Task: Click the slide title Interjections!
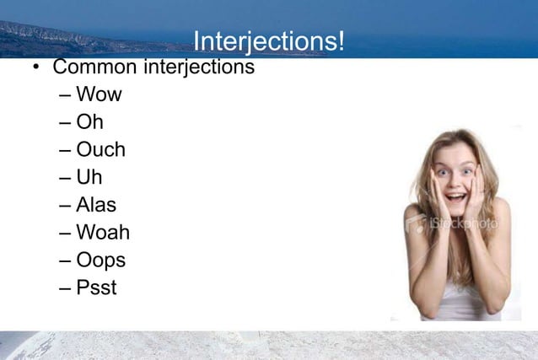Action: (x=268, y=41)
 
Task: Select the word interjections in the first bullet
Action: (x=199, y=66)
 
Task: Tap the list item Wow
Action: (x=99, y=94)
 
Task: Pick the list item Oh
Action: (x=89, y=121)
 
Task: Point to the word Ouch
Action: (x=100, y=149)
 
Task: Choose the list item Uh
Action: (x=89, y=177)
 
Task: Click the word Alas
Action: (x=96, y=205)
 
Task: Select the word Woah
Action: (x=103, y=232)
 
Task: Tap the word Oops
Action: (x=100, y=261)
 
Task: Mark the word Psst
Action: (x=96, y=287)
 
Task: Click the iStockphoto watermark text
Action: (x=462, y=224)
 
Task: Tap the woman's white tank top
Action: (x=459, y=300)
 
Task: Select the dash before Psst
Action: (x=66, y=288)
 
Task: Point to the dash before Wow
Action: (x=66, y=95)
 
